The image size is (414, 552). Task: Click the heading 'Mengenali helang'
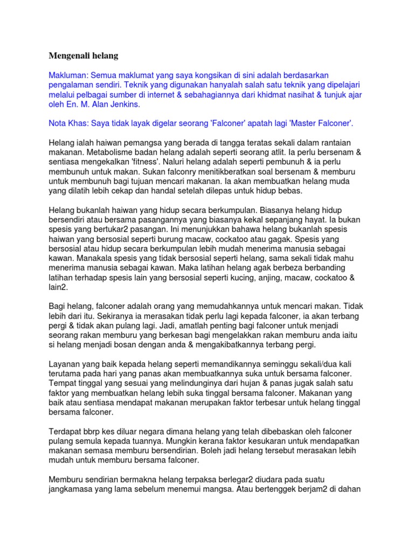pos(83,56)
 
